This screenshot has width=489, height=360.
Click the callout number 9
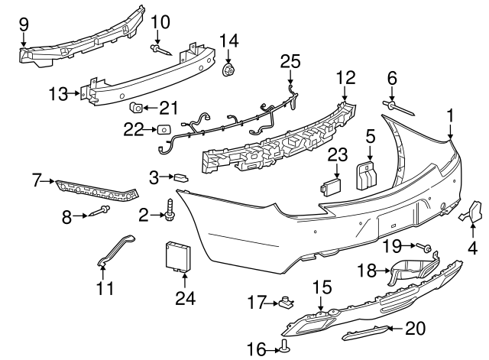pos(23,23)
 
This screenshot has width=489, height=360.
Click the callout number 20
pos(414,329)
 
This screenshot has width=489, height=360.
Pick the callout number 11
pos(105,288)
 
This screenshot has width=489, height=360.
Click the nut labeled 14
pos(228,71)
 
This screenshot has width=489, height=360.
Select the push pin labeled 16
pos(285,347)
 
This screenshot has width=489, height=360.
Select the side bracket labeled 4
pos(471,211)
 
